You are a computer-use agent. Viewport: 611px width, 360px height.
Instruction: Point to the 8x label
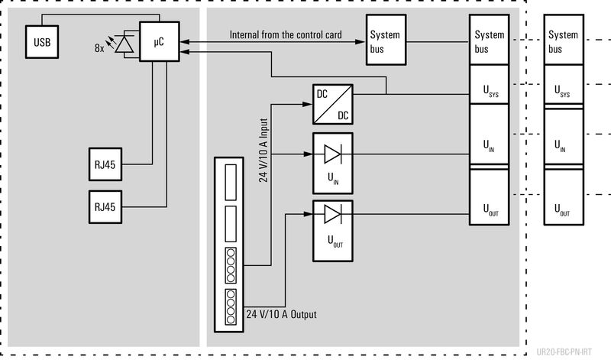[99, 47]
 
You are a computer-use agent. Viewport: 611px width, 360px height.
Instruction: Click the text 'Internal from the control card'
[284, 34]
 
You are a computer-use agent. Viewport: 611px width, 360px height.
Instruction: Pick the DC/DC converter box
[333, 104]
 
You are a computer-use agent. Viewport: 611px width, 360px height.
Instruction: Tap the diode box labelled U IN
[333, 161]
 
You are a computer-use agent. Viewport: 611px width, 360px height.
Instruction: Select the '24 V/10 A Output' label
[281, 314]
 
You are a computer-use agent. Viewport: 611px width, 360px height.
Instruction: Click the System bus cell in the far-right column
[564, 42]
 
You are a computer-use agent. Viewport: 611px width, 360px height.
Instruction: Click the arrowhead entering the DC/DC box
[309, 104]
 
